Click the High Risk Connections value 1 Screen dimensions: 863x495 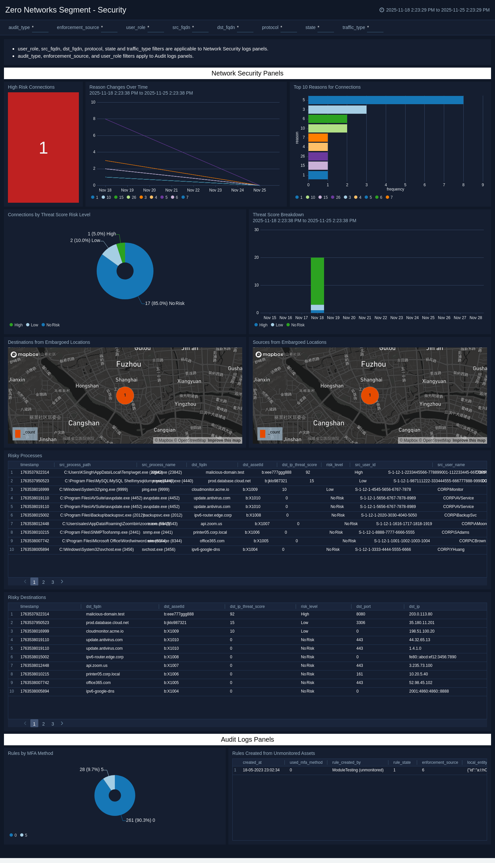click(x=43, y=148)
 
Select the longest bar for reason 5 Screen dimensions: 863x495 click(x=385, y=100)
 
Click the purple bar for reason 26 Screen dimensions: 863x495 click(x=318, y=156)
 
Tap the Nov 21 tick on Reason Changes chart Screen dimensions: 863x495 click(x=171, y=190)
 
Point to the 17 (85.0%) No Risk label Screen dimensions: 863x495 click(x=165, y=303)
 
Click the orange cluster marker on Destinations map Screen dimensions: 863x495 click(x=125, y=395)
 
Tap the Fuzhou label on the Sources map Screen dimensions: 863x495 click(x=373, y=364)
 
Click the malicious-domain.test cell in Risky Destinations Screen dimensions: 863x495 click(x=105, y=614)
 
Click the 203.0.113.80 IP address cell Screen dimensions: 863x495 click(x=420, y=614)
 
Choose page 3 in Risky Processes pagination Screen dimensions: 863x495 click(x=53, y=582)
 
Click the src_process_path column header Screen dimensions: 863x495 click(x=75, y=465)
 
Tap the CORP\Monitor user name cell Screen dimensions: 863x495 click(x=450, y=490)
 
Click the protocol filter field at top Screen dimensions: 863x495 click(x=289, y=27)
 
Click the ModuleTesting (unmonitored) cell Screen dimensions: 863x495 click(x=358, y=770)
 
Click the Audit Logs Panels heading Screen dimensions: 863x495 click(x=247, y=739)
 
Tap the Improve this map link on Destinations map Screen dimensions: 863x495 click(x=224, y=440)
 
